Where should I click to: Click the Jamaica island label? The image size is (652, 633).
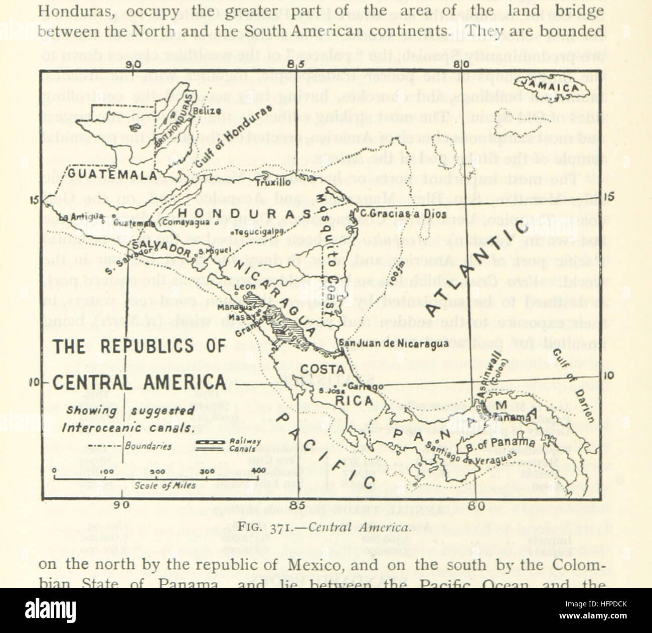click(548, 86)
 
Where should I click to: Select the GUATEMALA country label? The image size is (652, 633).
click(112, 175)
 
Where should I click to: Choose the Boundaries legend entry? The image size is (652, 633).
click(147, 446)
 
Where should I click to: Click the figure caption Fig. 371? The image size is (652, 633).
click(324, 528)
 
